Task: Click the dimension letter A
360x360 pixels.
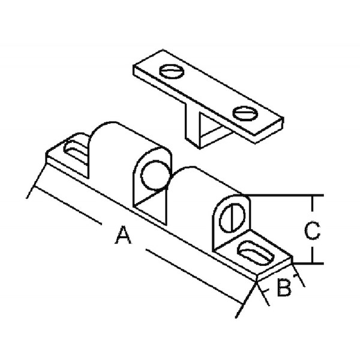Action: tap(123, 235)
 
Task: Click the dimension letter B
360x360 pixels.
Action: tap(284, 287)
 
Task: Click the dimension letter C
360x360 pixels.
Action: tap(312, 230)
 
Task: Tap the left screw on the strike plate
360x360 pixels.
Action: tap(172, 71)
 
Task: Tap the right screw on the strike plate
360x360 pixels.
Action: tap(245, 113)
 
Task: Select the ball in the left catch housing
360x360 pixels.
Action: tap(155, 175)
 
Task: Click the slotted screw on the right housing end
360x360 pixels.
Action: tap(232, 218)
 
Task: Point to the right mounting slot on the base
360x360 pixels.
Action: tap(256, 253)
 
